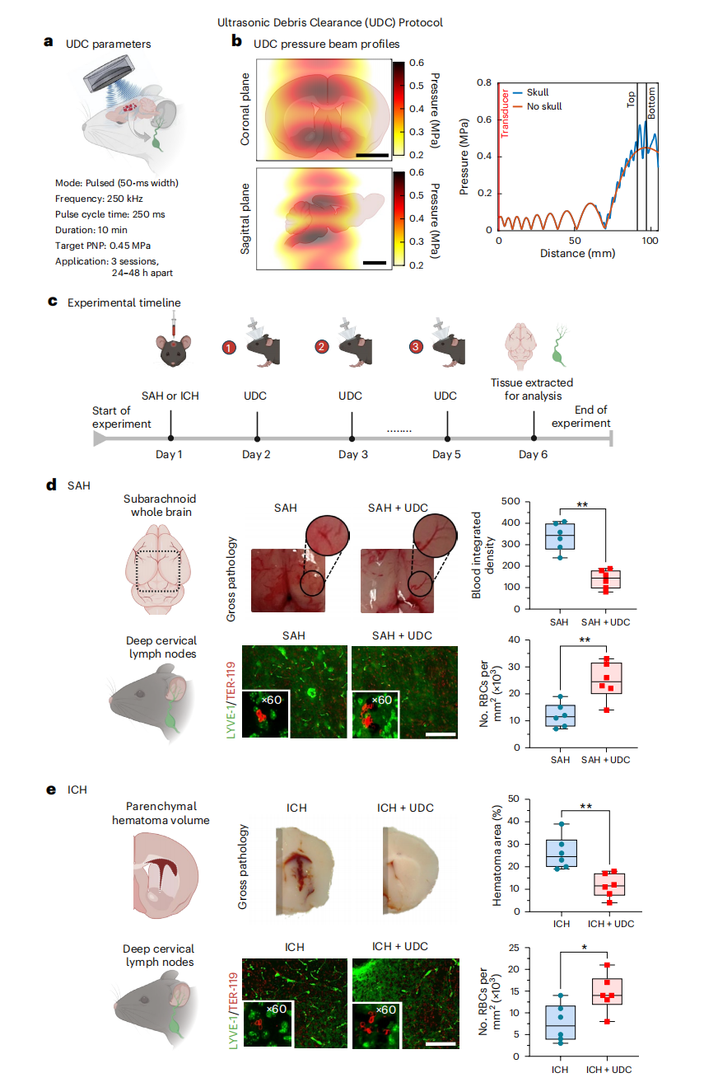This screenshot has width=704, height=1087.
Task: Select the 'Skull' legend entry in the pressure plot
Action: point(537,93)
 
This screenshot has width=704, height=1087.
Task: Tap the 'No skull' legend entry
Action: point(543,105)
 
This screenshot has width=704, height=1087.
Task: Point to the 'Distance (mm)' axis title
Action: point(576,253)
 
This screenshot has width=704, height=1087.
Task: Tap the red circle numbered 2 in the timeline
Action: point(320,348)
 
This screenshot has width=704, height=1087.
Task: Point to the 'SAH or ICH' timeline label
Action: point(170,396)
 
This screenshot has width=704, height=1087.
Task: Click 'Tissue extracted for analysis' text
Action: point(532,388)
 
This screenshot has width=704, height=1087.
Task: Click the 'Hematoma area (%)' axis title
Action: point(497,855)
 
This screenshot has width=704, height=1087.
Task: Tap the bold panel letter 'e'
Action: point(51,789)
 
